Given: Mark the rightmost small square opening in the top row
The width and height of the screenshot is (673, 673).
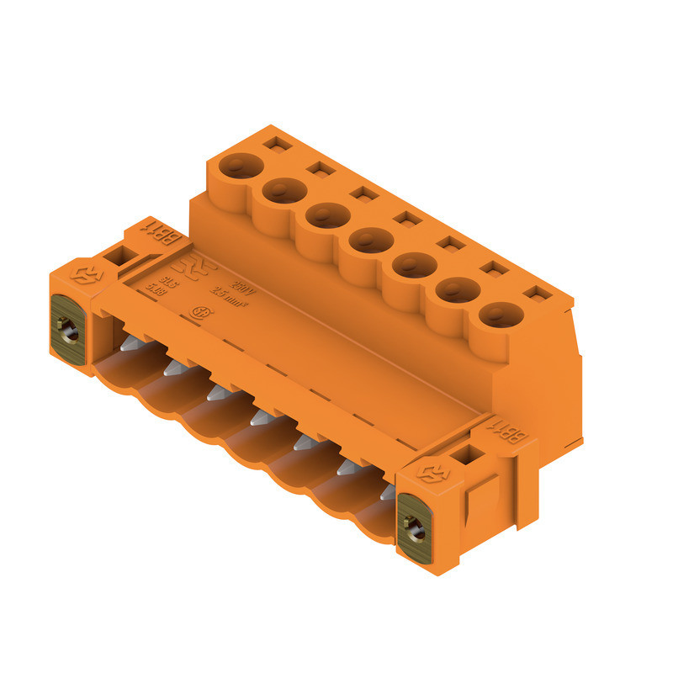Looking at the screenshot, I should point(533,293).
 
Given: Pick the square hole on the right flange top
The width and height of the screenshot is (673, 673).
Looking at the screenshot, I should point(465,456).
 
